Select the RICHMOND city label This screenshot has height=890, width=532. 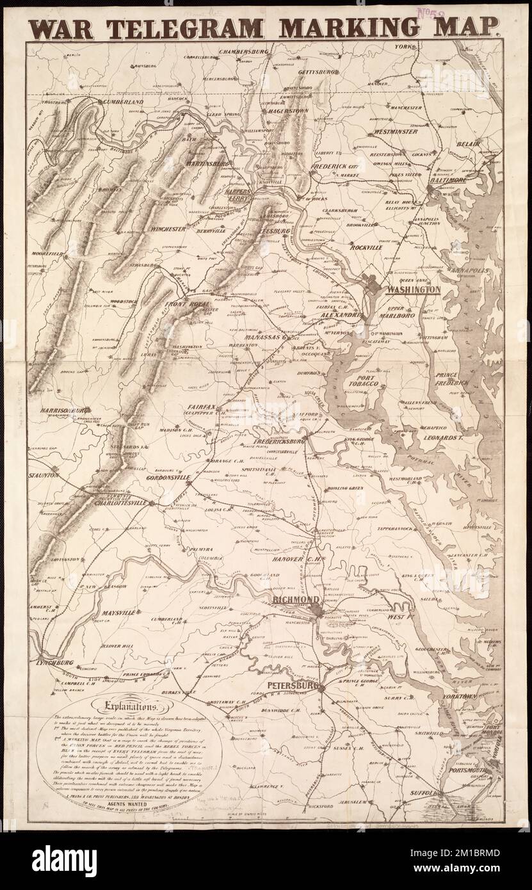coord(295,600)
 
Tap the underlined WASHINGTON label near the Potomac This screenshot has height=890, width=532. coord(412,289)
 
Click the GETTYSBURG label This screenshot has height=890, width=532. coord(312,72)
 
